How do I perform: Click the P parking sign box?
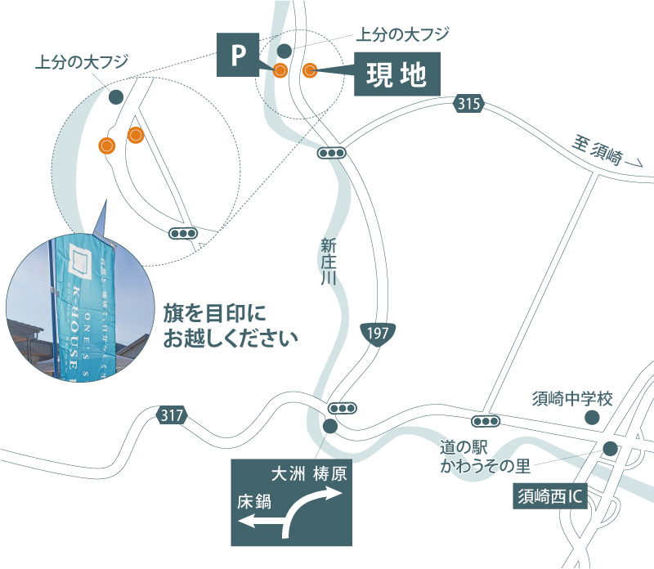click(x=238, y=55)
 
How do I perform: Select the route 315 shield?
click(x=468, y=104)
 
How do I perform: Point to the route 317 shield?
click(x=172, y=416)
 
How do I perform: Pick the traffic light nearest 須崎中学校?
click(x=486, y=421)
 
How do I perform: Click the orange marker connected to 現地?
click(x=309, y=70)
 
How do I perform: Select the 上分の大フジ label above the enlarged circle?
click(x=82, y=61)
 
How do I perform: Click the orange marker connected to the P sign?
click(x=280, y=70)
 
